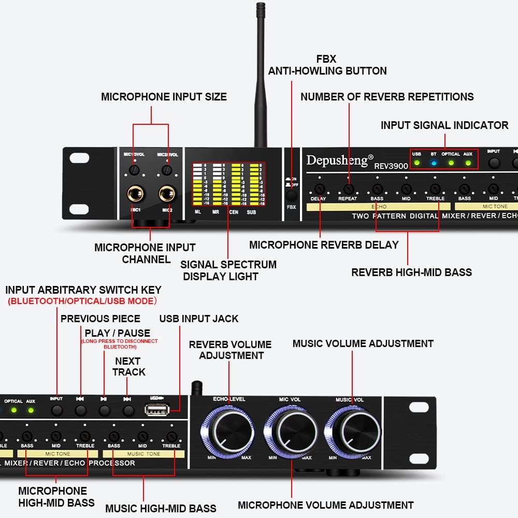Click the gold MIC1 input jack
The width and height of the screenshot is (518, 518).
136,195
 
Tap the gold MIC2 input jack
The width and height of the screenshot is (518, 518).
167,195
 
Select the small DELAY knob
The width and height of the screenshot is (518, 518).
319,189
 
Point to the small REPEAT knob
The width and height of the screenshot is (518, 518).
348,189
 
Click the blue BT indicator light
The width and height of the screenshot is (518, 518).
434,163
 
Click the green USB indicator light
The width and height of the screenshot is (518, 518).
416,163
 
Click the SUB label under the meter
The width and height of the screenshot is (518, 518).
251,212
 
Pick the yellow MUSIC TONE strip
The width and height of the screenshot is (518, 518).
143,454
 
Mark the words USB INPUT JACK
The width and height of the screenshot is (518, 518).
199,319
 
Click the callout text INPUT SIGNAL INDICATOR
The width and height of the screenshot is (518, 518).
444,125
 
